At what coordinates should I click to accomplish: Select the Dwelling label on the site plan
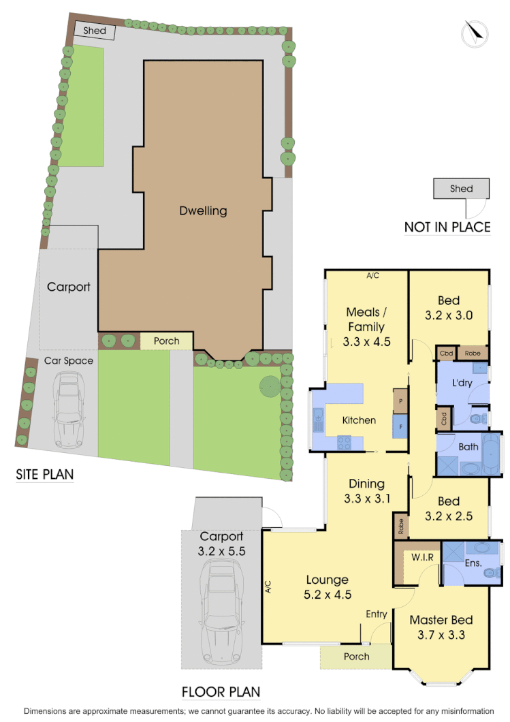coord(203,210)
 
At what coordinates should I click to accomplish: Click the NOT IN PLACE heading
coord(447,227)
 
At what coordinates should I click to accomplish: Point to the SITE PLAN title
coord(44,474)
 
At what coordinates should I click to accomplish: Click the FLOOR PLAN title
coord(221,692)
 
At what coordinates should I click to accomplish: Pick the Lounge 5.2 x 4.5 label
coord(327,586)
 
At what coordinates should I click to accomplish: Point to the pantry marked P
coord(400,401)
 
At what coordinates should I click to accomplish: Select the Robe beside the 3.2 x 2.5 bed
coord(400,527)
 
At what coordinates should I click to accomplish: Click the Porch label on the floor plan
coord(356,657)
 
